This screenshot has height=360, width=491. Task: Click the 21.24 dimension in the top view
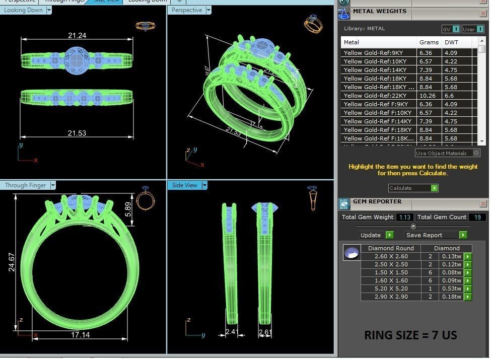pyautogui.click(x=77, y=35)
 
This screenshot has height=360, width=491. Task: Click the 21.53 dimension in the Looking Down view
pyautogui.click(x=77, y=133)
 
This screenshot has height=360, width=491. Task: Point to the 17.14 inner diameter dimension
pyautogui.click(x=81, y=334)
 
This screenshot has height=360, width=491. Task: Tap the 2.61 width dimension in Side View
pyautogui.click(x=265, y=332)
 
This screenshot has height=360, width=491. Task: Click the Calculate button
pyautogui.click(x=413, y=188)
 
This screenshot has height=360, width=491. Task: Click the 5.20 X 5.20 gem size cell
pyautogui.click(x=391, y=289)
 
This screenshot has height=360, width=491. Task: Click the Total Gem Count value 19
pyautogui.click(x=476, y=217)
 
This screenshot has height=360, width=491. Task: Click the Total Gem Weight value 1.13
pyautogui.click(x=404, y=217)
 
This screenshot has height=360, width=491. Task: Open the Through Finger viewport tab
pyautogui.click(x=26, y=185)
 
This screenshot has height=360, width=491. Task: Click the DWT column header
pyautogui.click(x=451, y=42)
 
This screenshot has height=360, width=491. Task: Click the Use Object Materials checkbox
pyautogui.click(x=476, y=153)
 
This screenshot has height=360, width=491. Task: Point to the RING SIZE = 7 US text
pyautogui.click(x=410, y=335)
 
